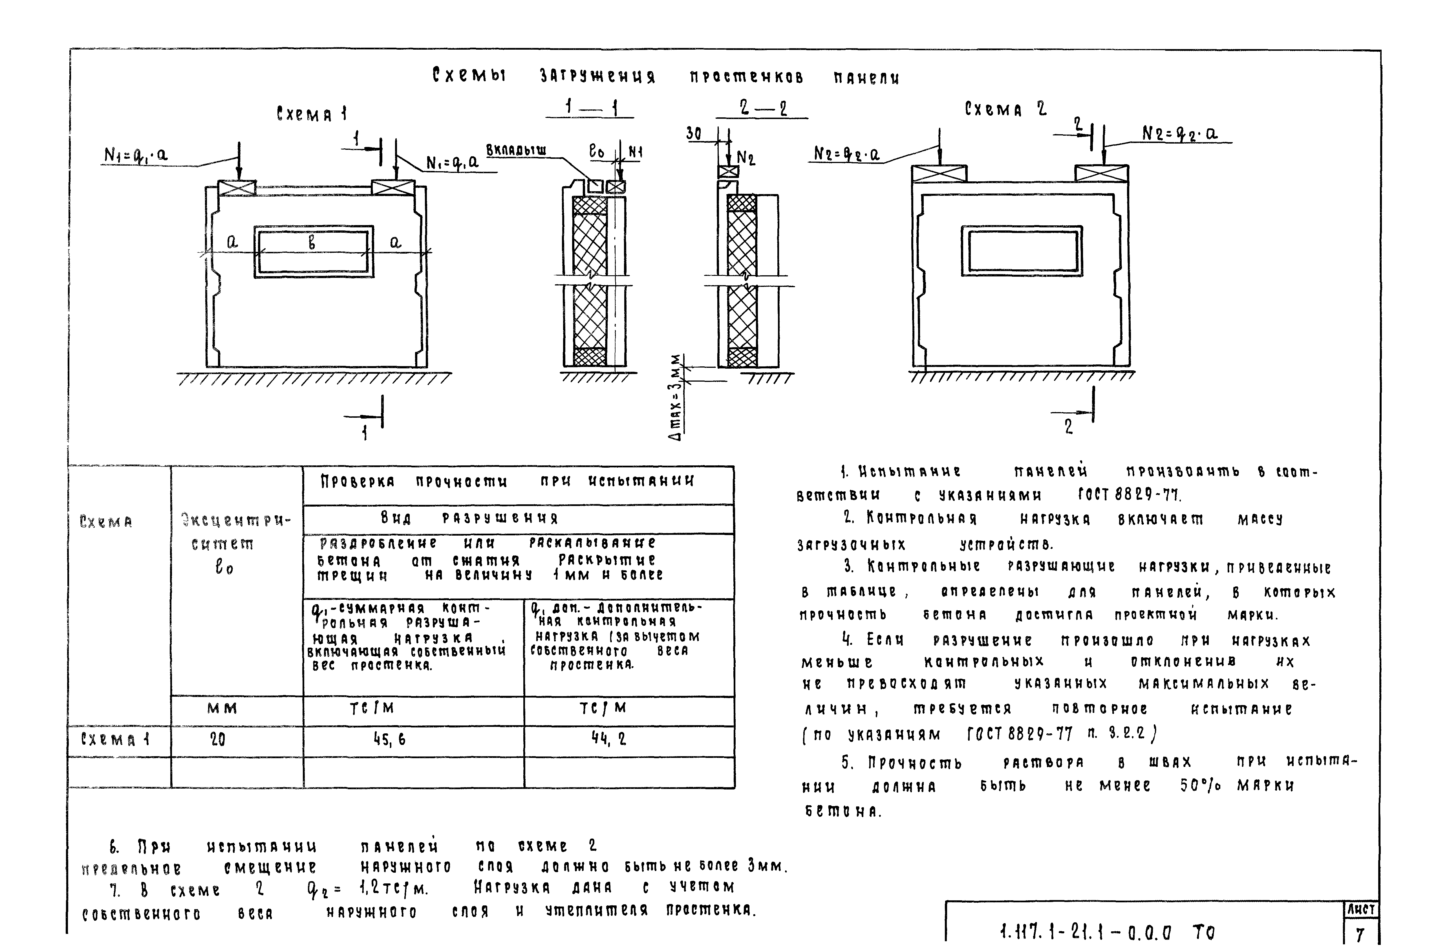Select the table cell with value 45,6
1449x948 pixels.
coord(390,739)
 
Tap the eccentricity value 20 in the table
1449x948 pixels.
coord(217,739)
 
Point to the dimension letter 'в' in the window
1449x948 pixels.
coord(312,243)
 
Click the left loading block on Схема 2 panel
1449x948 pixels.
coord(938,173)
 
